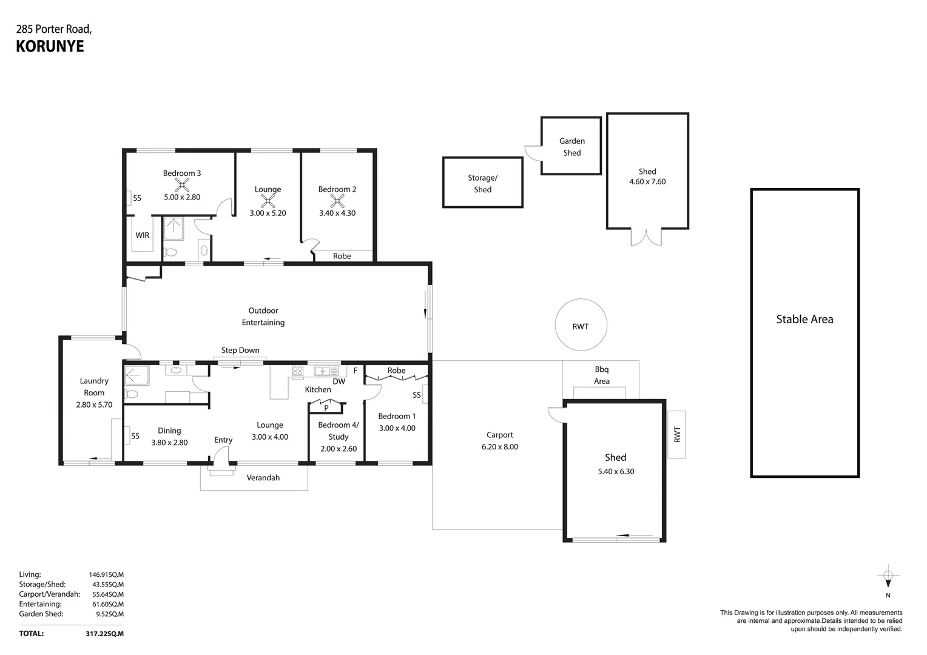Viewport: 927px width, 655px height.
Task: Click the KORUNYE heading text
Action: pyautogui.click(x=50, y=46)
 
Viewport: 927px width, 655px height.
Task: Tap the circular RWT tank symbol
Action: pyautogui.click(x=581, y=325)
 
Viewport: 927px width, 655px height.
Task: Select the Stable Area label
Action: pyautogui.click(x=804, y=319)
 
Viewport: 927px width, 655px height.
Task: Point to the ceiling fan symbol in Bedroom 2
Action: pyautogui.click(x=337, y=201)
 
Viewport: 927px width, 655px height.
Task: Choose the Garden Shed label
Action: pyautogui.click(x=571, y=147)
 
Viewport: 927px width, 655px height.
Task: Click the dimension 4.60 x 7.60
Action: pyautogui.click(x=647, y=181)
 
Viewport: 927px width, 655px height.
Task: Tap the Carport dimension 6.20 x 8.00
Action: pyautogui.click(x=499, y=447)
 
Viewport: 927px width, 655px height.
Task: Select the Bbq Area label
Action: pyautogui.click(x=601, y=375)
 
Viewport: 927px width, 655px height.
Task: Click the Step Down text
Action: pyautogui.click(x=240, y=350)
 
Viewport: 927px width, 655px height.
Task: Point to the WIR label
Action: pyautogui.click(x=142, y=235)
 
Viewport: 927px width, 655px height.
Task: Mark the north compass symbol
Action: pyautogui.click(x=888, y=577)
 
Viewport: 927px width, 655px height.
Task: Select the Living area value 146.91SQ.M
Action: pyautogui.click(x=106, y=574)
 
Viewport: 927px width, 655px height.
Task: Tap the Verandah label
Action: pyautogui.click(x=263, y=477)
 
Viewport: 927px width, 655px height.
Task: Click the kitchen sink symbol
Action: pyautogui.click(x=322, y=371)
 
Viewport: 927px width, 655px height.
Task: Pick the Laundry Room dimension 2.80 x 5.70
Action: pyautogui.click(x=94, y=405)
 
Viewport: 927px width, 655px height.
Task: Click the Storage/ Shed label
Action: pyautogui.click(x=482, y=184)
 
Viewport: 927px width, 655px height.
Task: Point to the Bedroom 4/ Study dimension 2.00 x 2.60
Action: pyautogui.click(x=339, y=449)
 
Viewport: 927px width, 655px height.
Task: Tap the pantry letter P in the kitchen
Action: pyautogui.click(x=326, y=408)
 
